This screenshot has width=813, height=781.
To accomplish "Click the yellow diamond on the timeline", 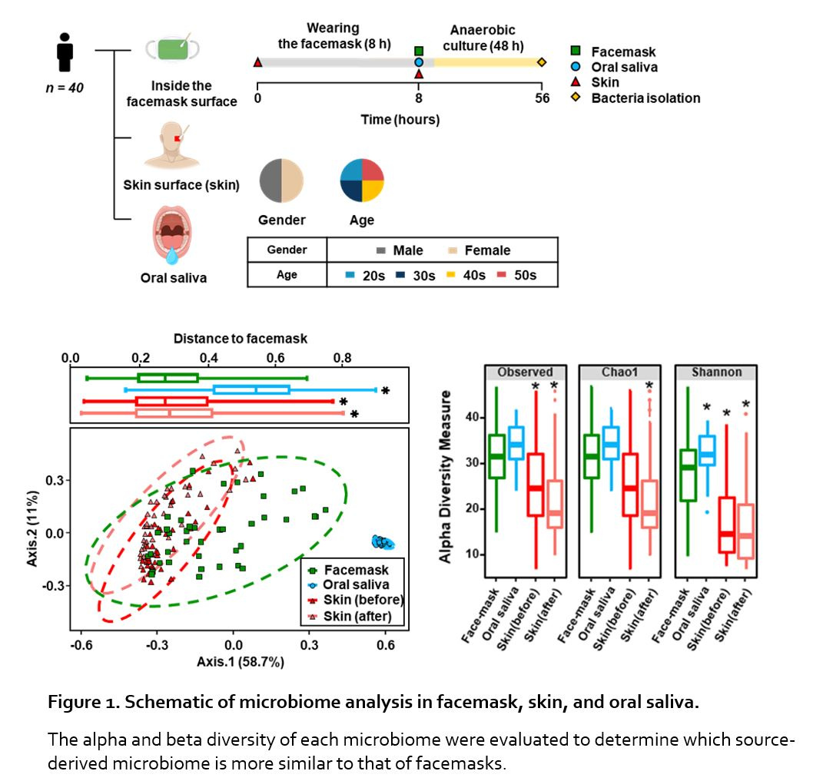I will [x=542, y=62].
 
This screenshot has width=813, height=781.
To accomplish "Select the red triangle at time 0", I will [x=257, y=62].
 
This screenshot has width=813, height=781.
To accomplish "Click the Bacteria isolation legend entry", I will [x=645, y=98].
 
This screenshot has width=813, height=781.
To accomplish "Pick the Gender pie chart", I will [x=282, y=180].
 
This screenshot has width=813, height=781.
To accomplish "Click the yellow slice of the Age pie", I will [x=373, y=191].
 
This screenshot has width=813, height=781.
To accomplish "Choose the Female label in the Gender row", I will [x=487, y=250].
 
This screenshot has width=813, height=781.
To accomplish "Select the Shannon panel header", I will [x=715, y=372].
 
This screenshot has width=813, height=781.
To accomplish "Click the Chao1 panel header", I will [x=619, y=372].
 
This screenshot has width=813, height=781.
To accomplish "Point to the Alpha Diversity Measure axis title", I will [x=446, y=477].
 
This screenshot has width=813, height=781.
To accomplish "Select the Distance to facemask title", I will [x=240, y=338].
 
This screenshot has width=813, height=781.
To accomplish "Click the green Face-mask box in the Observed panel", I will [x=496, y=456].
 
